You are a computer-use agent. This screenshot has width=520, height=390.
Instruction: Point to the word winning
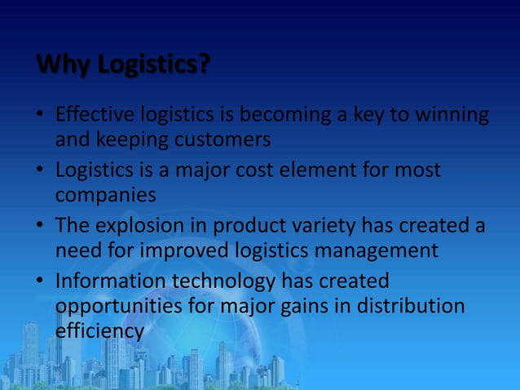click(449, 117)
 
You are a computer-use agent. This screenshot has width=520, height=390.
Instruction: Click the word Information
click(110, 281)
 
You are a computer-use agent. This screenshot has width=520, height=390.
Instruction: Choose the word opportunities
click(122, 306)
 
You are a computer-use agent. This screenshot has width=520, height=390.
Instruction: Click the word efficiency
click(99, 331)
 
